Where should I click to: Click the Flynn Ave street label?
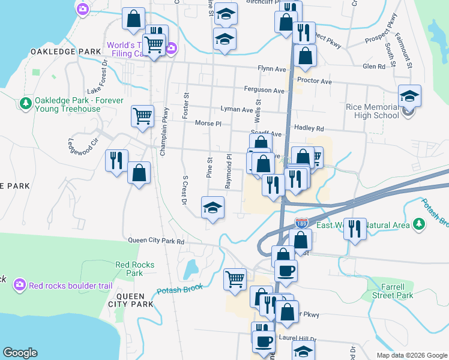pyautogui.click(x=272, y=70)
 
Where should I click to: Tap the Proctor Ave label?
pyautogui.click(x=314, y=81)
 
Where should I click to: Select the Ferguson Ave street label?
pyautogui.click(x=264, y=91)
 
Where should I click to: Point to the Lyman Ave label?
pyautogui.click(x=237, y=110)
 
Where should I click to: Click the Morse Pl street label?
pyautogui.click(x=208, y=124)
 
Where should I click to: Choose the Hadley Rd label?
pyautogui.click(x=309, y=128)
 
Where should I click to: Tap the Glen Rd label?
pyautogui.click(x=373, y=67)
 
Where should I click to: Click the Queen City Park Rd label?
pyautogui.click(x=156, y=241)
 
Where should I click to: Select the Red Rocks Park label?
pyautogui.click(x=134, y=268)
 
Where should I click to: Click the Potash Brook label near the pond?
pyautogui.click(x=179, y=290)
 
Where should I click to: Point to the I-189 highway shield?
pyautogui.click(x=301, y=223)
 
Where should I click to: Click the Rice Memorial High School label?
pyautogui.click(x=372, y=111)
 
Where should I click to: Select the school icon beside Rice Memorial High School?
pyautogui.click(x=409, y=97)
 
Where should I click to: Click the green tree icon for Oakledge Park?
pyautogui.click(x=26, y=104)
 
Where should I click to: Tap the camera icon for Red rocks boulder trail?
pyautogui.click(x=20, y=284)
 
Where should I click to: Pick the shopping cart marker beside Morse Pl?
pyautogui.click(x=142, y=115)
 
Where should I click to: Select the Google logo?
pyautogui.click(x=20, y=353)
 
